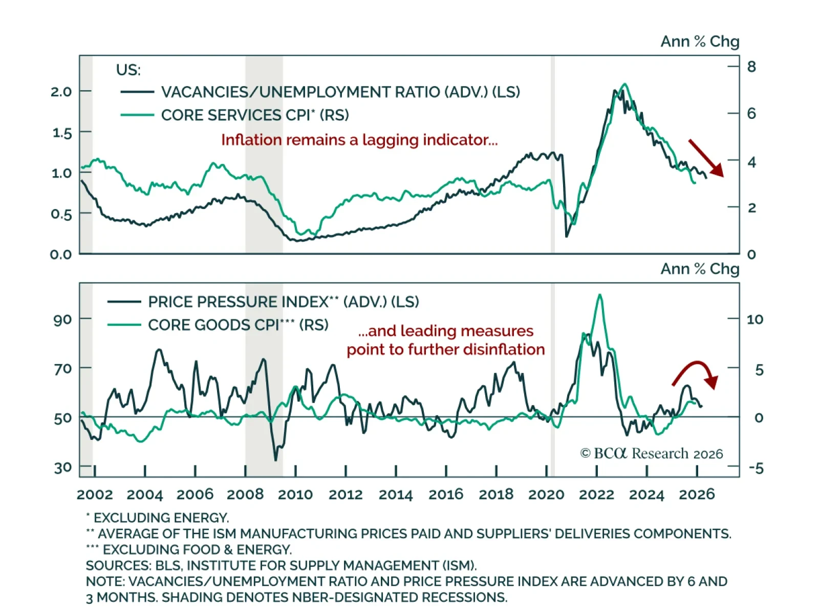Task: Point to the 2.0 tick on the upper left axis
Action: (61, 92)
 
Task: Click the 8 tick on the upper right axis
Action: (751, 67)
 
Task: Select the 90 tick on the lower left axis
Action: (62, 320)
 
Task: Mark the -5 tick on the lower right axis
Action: (756, 468)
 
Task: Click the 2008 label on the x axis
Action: (245, 495)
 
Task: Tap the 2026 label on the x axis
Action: (697, 495)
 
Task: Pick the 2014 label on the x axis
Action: (396, 495)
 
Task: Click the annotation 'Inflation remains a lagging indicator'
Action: (359, 140)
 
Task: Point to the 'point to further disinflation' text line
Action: (445, 350)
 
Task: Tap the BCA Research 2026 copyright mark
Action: (651, 454)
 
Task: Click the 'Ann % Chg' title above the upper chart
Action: (700, 41)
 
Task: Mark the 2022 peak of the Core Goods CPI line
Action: (599, 295)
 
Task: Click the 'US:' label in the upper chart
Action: (128, 70)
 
